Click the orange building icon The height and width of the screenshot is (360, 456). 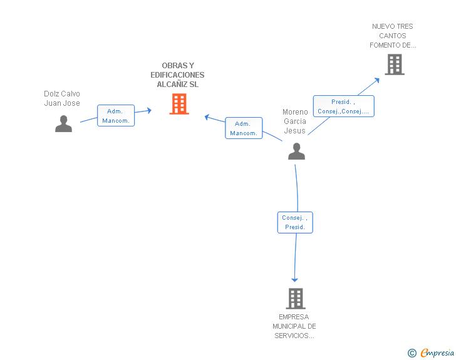179,104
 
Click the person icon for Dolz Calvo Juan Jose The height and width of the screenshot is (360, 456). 63,123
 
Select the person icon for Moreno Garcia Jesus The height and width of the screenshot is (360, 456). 296,151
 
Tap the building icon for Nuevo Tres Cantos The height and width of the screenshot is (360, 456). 395,64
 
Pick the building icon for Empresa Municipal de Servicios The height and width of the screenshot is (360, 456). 296,299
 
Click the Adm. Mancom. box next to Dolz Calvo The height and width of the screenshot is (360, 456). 116,115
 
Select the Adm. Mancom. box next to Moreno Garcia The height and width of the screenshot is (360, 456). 244,128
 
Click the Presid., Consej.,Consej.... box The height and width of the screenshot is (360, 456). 343,106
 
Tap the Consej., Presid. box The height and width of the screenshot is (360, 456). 295,222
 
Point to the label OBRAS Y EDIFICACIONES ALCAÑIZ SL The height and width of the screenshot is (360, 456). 177,75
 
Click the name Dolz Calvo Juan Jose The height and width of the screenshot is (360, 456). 62,98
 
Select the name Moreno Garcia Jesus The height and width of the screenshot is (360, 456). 295,121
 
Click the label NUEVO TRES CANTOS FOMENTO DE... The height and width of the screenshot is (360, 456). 393,36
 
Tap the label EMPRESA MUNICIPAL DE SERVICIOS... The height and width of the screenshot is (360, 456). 294,326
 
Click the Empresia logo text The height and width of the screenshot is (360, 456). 437,353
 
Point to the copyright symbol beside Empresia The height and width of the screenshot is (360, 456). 412,353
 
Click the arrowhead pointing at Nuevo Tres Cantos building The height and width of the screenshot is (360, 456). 377,80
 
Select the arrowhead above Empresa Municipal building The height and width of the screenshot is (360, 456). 294,280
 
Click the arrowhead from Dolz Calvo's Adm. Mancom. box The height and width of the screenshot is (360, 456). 149,110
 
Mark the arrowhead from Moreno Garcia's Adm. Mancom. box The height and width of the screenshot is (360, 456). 207,117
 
